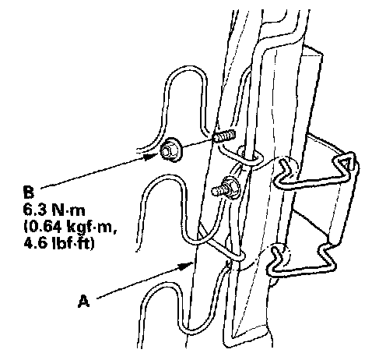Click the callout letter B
coord(29,192)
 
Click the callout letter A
coord(84,301)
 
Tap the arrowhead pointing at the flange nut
coord(150,157)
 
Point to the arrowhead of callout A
coord(185,266)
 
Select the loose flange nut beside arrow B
coord(171,150)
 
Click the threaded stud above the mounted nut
coord(224,136)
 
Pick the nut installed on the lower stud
coord(231,187)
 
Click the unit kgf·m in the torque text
coord(91,228)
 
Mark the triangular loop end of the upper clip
coord(345,162)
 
